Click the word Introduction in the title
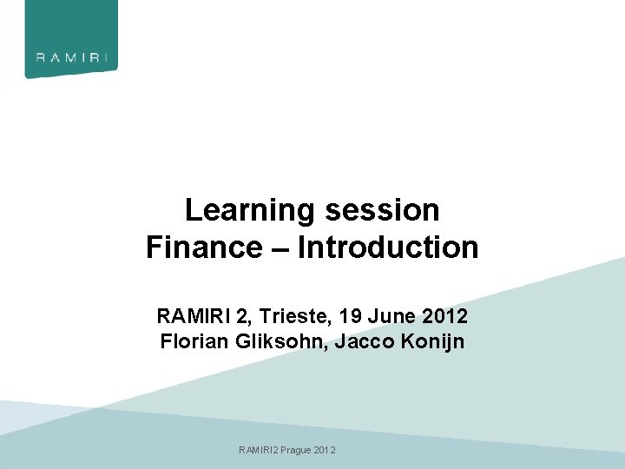388,248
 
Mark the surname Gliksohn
279,341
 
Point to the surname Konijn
436,341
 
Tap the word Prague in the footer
296,450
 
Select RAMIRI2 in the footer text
259,450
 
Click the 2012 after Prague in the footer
326,450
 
